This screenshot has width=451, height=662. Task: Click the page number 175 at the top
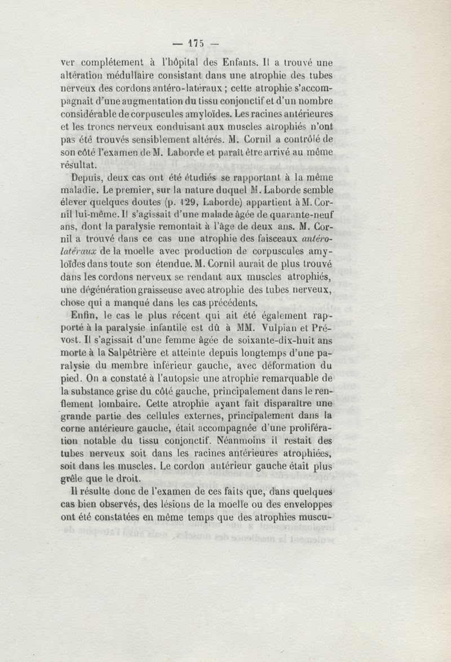(194, 42)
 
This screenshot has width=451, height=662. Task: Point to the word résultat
(79, 165)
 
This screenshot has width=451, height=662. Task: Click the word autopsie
(206, 379)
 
